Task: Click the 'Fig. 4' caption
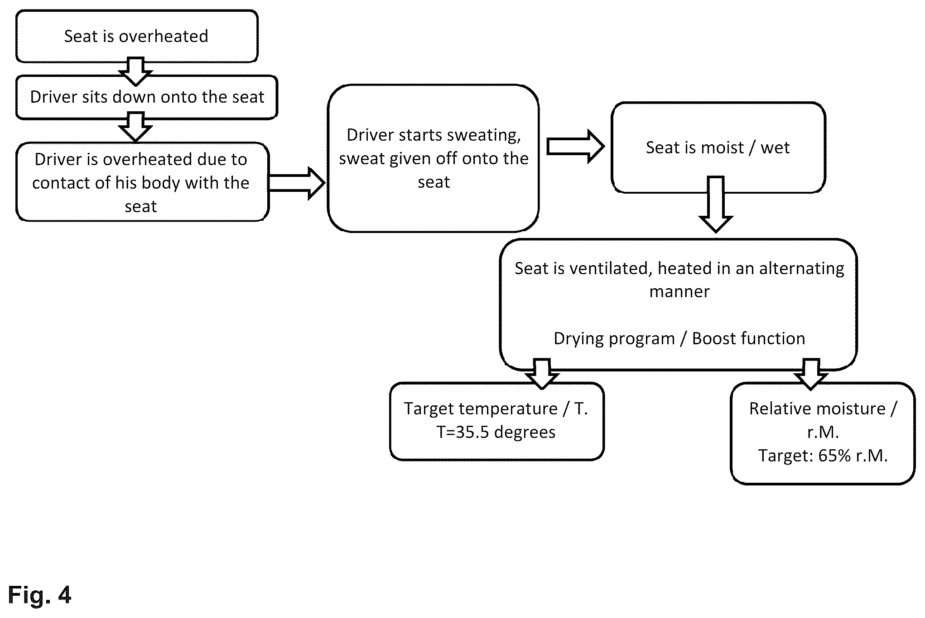point(40,594)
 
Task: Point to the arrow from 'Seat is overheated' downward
point(135,71)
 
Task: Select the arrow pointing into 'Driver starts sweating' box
point(297,183)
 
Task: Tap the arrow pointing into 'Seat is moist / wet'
point(575,146)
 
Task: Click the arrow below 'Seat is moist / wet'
point(716,204)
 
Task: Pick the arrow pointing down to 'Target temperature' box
point(542,374)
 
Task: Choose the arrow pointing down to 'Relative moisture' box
point(811,374)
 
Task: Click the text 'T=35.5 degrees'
point(496,432)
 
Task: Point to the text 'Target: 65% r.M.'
point(823,456)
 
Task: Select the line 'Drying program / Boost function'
point(679,338)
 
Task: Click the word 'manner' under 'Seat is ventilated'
point(679,291)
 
